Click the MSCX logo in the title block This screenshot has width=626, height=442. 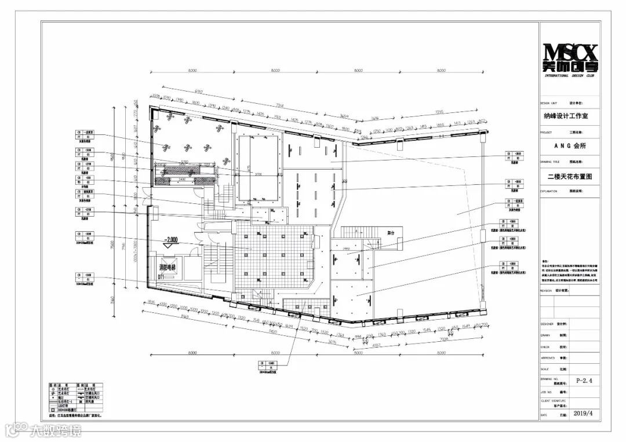(x=570, y=57)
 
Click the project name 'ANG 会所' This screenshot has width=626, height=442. (x=570, y=146)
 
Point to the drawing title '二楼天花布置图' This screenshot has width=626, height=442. (x=570, y=176)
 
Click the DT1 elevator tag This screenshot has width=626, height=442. (x=162, y=277)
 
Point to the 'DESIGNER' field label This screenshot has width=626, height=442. (x=547, y=324)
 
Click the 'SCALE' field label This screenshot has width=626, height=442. (x=544, y=368)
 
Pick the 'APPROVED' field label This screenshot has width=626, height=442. (x=548, y=358)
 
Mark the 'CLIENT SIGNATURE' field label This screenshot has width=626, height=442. (x=552, y=400)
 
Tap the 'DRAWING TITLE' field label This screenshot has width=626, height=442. (x=550, y=162)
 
